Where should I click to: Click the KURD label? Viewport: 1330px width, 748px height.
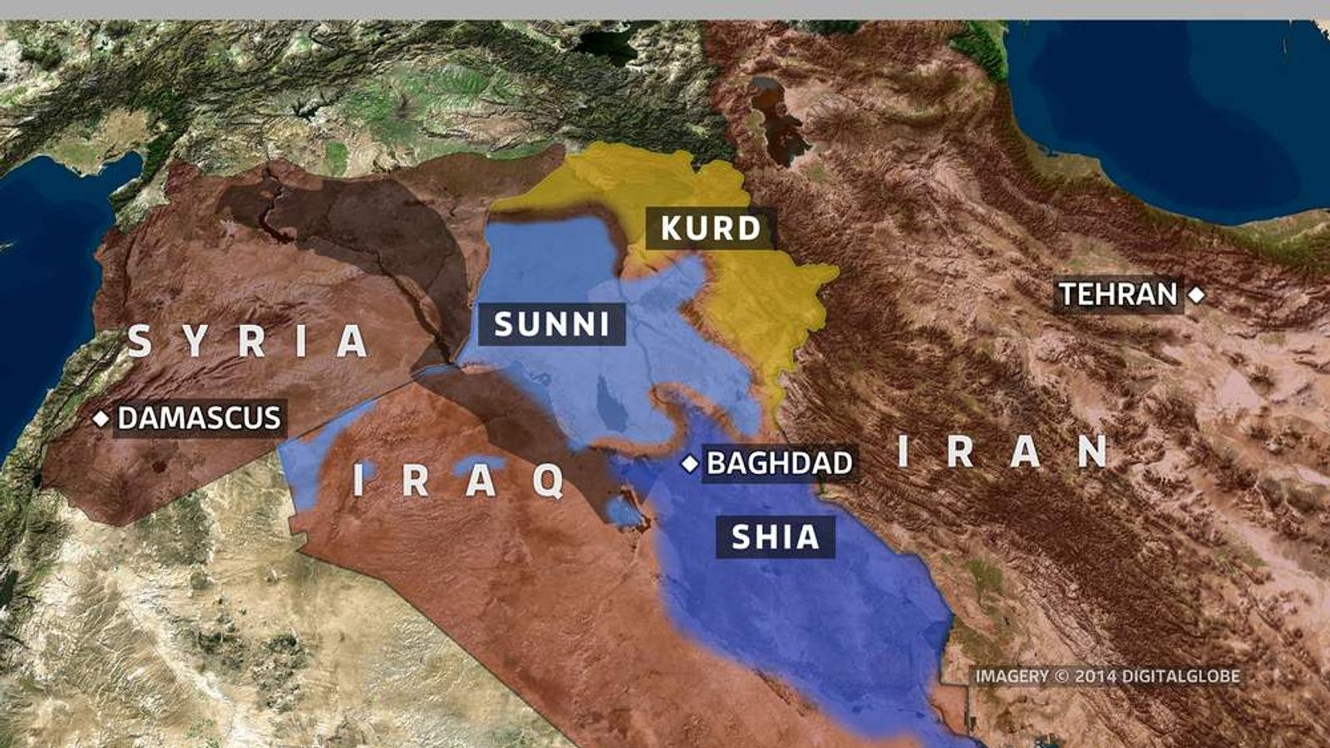coord(711,229)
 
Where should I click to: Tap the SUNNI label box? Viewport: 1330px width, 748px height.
coord(551,324)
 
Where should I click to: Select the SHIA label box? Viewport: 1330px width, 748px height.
coord(775,537)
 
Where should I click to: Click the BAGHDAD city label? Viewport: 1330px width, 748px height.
coord(779,463)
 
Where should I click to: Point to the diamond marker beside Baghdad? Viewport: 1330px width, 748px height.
coord(689,464)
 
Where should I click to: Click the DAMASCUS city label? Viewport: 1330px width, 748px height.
coord(199,418)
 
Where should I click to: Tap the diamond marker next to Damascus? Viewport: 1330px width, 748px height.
coord(101,418)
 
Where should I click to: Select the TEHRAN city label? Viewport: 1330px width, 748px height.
coord(1118,294)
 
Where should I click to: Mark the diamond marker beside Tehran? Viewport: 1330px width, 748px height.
coord(1196,294)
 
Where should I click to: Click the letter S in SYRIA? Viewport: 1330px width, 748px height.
coord(139,342)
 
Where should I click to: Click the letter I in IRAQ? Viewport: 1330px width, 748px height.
coord(358,480)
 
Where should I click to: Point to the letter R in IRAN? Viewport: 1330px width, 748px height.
coord(960,451)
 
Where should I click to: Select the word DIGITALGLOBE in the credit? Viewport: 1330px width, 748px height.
coord(1180,677)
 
